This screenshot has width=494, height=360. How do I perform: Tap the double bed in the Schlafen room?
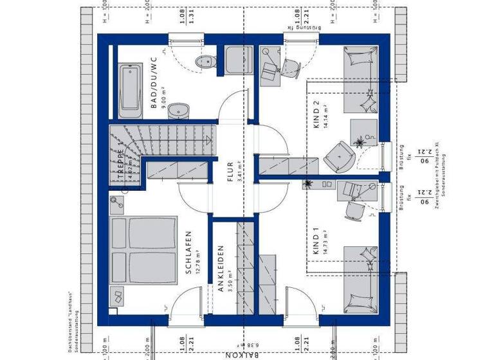(143, 250)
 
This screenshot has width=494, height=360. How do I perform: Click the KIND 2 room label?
(316, 115)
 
